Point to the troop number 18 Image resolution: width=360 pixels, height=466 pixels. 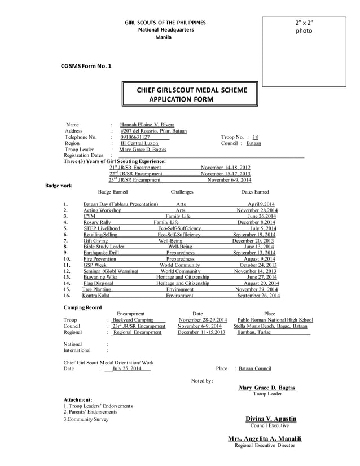coord(255,137)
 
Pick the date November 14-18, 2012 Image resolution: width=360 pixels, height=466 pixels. coord(225,168)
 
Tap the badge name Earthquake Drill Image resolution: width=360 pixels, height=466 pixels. coord(101,253)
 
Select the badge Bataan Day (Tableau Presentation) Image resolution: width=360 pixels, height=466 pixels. coord(120,204)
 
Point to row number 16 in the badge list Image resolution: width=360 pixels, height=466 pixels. coord(67,296)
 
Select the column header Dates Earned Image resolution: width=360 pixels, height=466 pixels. coord(254,192)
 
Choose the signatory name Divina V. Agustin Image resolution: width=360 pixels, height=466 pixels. coord(270,419)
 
